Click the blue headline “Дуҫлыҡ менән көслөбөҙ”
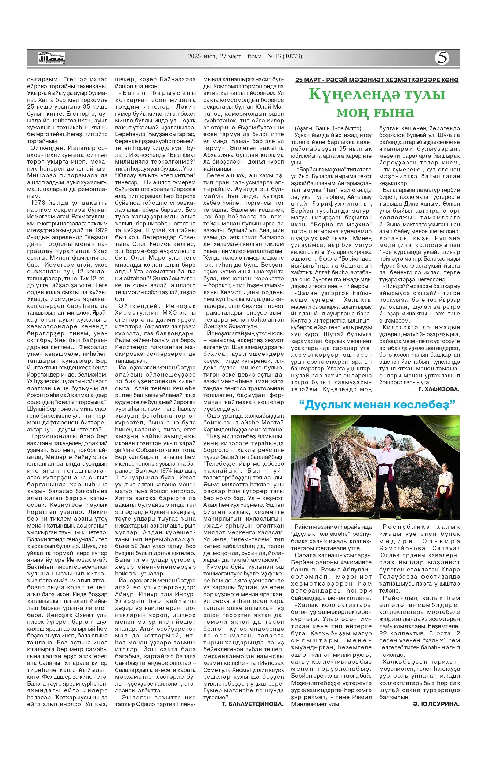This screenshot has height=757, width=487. coord(377,405)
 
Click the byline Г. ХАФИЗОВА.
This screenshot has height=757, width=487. coord(439,389)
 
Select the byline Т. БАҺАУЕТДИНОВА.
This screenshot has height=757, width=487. coord(253,704)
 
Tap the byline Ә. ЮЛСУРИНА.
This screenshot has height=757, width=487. coord(436,704)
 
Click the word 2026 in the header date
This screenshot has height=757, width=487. coord(194,56)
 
